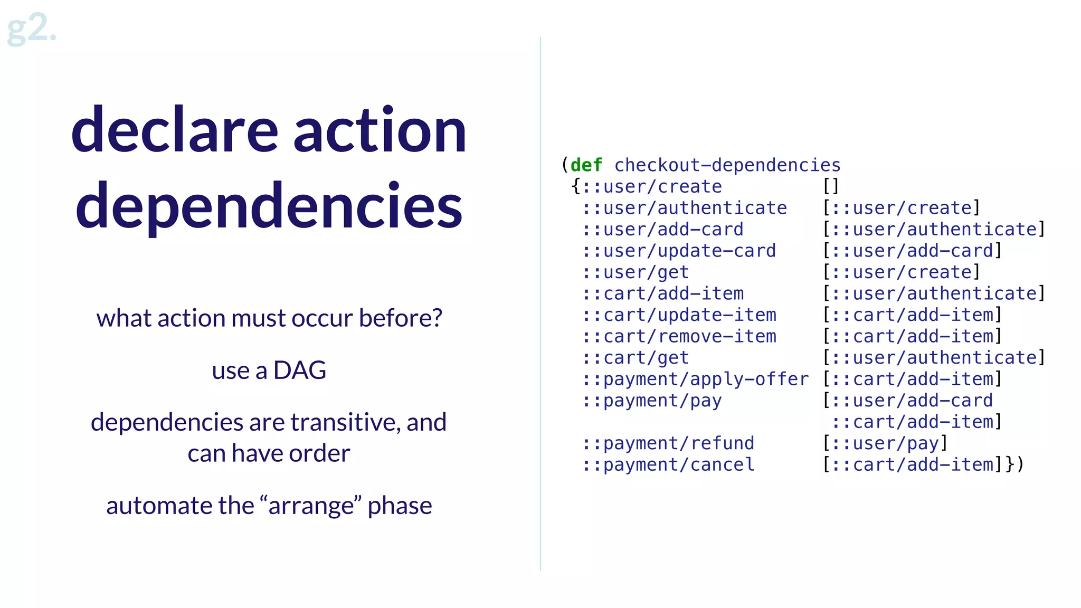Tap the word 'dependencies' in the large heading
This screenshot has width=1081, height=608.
coord(269,206)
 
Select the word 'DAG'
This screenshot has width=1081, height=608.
coord(299,370)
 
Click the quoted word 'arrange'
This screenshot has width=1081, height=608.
coord(311,506)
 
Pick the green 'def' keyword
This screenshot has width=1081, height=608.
coord(586,165)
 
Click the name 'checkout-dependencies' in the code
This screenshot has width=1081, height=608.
coord(727,165)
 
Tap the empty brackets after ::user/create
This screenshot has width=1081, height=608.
coord(831,186)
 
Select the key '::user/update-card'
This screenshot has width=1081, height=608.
coord(679,251)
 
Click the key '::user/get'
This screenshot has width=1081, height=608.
coord(636,272)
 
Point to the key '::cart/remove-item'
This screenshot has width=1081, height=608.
coord(679,336)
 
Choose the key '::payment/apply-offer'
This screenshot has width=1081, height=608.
coord(695,379)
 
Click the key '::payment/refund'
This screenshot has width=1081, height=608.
coord(668,443)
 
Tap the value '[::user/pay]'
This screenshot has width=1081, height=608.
coord(885,443)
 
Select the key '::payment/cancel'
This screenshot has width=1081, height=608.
coord(668,465)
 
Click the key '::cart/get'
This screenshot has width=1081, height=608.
coord(636,358)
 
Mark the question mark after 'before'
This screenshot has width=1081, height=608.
coord(437,318)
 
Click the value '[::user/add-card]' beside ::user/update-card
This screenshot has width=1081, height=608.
coord(912,251)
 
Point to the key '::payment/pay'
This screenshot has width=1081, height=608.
coord(652,401)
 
